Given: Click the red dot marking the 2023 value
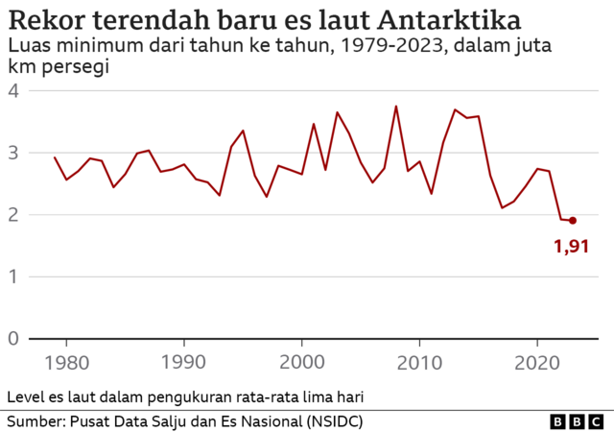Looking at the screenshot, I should (573, 220).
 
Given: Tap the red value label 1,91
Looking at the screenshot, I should (571, 248).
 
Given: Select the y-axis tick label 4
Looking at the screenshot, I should (13, 90).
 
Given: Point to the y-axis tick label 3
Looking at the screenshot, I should (13, 153).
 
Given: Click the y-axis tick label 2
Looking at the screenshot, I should (13, 215).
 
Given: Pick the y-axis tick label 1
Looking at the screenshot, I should (13, 276).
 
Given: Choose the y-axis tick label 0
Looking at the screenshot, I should (13, 339).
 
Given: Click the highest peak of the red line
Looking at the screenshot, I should (396, 106).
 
